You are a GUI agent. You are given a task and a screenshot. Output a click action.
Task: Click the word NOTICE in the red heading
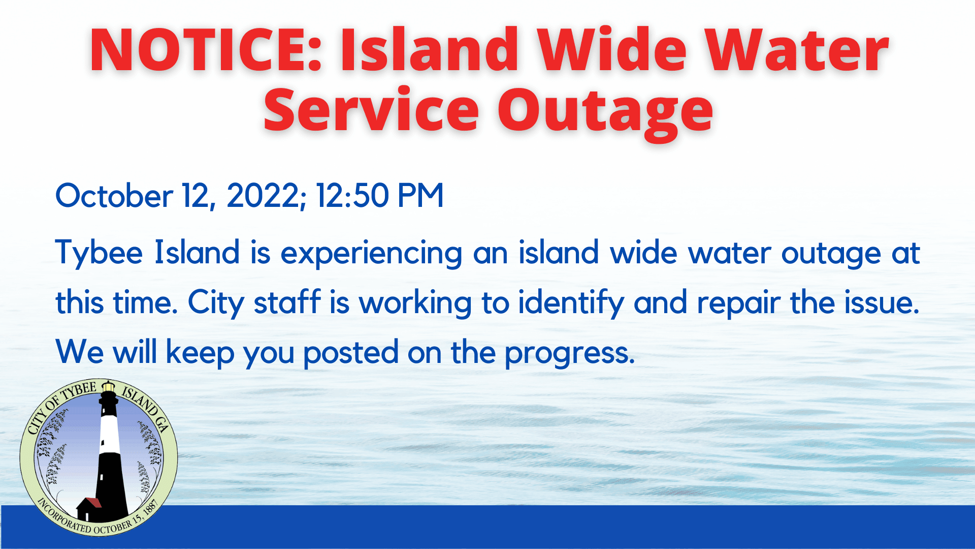point(206,50)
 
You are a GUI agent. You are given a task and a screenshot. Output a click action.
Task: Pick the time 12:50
point(352,196)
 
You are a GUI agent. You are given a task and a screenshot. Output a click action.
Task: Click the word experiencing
point(371,253)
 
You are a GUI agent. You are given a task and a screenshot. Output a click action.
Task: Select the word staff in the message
point(287,302)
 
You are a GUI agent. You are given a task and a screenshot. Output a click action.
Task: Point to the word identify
point(571,303)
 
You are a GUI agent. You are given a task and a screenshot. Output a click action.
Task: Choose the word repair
point(738,303)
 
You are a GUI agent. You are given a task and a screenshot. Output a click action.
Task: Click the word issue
point(881,302)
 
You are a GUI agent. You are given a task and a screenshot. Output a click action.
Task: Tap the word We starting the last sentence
point(80,352)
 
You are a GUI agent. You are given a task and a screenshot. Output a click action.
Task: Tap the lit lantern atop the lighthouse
point(108,388)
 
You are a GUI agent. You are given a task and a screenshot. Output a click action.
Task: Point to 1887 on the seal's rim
point(151,508)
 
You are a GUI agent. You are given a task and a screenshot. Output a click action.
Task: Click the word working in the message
point(415,303)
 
